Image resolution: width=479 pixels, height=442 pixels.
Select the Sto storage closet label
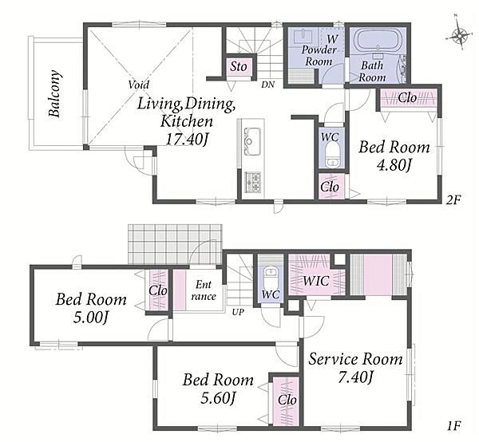point(239,66)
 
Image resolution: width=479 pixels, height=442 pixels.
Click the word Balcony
point(55,93)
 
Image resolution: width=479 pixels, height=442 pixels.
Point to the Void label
point(139,85)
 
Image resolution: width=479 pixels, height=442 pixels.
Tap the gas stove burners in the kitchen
point(252,182)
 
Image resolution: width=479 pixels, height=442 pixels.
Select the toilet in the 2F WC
point(331,155)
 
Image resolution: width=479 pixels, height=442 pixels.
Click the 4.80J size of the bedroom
point(394,165)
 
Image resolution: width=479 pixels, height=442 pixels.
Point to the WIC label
point(316,281)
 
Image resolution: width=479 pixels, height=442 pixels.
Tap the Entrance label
point(204,290)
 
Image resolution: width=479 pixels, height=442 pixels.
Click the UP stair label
point(238,312)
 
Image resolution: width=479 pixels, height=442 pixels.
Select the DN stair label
point(268,85)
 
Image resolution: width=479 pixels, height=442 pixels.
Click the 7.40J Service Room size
point(355,377)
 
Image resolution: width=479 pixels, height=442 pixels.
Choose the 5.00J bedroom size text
point(90,318)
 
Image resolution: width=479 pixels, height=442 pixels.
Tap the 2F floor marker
point(453,200)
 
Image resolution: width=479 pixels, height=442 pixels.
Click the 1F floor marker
point(453,425)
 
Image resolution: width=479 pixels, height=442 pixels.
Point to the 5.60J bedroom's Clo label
point(287,400)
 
